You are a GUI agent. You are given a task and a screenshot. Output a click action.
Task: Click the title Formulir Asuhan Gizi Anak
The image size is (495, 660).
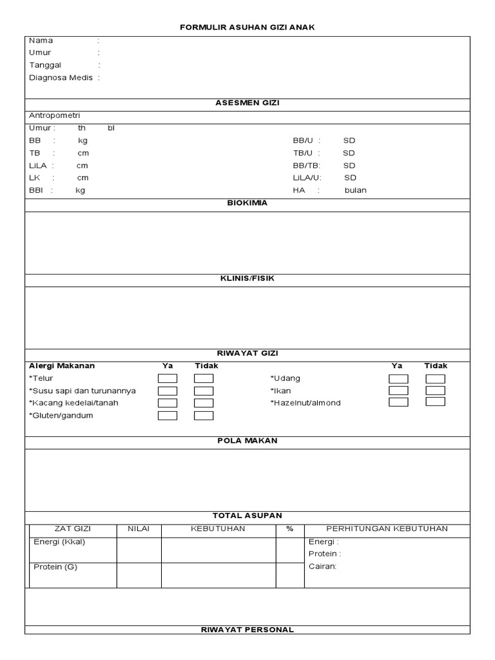247,27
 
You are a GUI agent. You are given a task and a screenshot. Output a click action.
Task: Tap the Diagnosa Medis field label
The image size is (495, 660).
61,77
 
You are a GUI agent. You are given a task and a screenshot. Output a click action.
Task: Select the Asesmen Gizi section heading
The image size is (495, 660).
247,102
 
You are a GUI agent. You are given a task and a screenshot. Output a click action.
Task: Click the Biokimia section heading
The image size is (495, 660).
247,202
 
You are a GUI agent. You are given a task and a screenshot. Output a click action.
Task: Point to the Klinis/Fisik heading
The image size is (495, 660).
247,278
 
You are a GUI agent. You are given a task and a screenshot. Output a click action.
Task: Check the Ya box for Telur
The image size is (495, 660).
168,378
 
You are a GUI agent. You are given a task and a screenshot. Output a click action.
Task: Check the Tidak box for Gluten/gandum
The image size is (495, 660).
204,416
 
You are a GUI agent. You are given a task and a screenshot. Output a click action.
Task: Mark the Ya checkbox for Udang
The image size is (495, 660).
398,378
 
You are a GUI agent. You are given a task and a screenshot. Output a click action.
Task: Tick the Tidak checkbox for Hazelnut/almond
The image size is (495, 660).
435,402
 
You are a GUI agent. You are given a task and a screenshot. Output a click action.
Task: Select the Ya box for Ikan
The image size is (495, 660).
398,391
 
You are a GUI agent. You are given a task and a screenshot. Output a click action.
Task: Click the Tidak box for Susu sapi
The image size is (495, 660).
204,391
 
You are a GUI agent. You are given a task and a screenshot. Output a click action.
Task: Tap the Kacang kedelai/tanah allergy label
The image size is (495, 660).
73,403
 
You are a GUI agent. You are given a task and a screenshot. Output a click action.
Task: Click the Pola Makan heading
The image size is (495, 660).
247,440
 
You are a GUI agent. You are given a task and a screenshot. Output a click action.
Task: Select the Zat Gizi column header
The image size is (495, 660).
72,529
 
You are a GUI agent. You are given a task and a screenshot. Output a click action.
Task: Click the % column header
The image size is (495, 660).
289,529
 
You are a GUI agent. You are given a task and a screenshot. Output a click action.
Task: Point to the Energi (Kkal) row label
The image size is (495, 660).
59,541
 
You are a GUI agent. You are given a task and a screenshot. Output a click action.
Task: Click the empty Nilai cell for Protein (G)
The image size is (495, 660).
139,575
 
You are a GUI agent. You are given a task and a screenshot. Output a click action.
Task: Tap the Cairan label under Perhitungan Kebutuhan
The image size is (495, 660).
322,566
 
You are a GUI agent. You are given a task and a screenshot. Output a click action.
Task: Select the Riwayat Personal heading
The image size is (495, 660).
247,629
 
